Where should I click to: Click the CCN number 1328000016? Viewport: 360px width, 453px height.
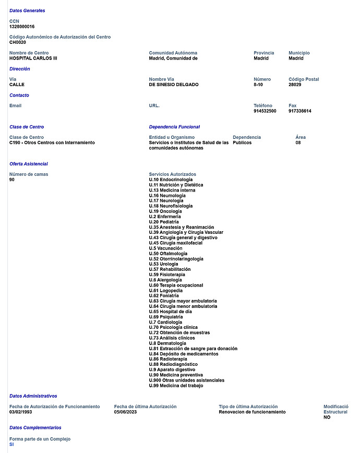(x=22, y=27)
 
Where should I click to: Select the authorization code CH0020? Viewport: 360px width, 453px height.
(x=18, y=42)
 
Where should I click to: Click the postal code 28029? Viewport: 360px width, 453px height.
(x=295, y=85)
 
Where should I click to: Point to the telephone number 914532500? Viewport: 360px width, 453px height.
(x=265, y=111)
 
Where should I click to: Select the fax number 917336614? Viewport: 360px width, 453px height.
(x=300, y=111)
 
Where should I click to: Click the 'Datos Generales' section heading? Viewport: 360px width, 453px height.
(x=27, y=10)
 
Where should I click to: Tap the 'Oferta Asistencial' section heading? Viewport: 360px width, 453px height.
(x=29, y=164)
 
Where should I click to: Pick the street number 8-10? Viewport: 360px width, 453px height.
(x=258, y=85)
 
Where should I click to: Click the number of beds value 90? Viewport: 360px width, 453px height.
(x=12, y=180)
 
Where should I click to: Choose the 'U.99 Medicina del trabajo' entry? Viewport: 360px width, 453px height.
(x=176, y=386)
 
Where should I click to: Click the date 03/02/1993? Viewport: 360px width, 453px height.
(x=21, y=412)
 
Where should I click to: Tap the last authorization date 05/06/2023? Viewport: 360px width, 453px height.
(x=126, y=412)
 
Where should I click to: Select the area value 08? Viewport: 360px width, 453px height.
(x=298, y=142)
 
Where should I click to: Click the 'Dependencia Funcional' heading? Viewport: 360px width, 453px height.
(x=174, y=127)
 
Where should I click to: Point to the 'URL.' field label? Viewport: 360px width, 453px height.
(x=154, y=106)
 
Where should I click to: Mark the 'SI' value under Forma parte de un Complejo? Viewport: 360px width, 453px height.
(x=12, y=444)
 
